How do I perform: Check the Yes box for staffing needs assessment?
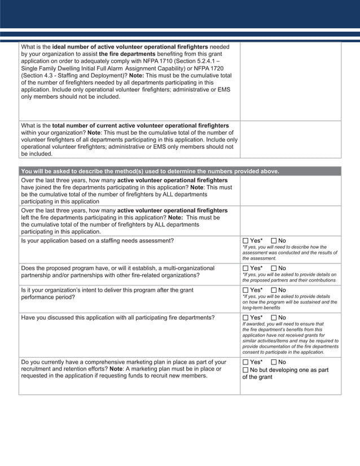click(245, 241)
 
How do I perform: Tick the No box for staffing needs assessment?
click(274, 241)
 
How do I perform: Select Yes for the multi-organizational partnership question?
click(245, 268)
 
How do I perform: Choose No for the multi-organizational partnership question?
click(274, 268)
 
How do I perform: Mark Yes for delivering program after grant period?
click(245, 290)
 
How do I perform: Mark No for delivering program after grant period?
click(274, 290)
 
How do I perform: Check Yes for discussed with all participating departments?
click(245, 318)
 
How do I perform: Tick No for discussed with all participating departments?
click(274, 318)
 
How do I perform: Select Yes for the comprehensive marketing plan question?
click(245, 362)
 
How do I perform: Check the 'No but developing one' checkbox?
click(245, 370)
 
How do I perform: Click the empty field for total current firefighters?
click(291, 139)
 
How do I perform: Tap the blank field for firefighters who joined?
click(291, 191)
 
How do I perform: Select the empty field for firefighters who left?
click(291, 221)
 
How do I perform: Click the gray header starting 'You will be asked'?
click(150, 171)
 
